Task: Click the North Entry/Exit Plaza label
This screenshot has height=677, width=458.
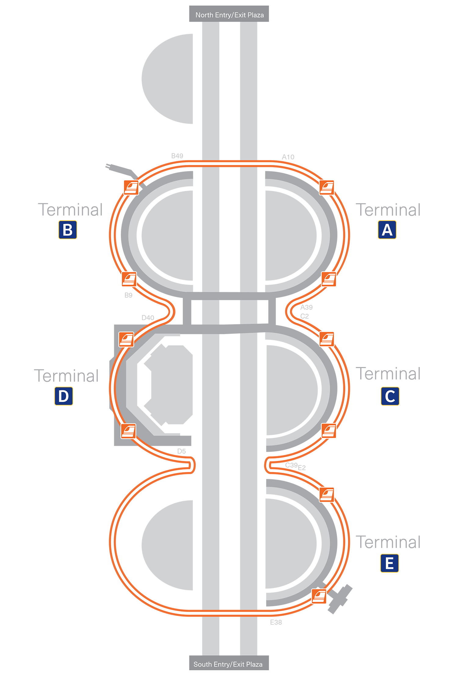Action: point(230,15)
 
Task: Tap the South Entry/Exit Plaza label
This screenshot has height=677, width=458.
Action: point(228,664)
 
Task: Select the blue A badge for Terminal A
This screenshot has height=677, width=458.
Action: point(387,230)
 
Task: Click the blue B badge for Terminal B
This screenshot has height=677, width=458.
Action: point(68,230)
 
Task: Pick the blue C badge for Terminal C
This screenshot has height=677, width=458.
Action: point(390,396)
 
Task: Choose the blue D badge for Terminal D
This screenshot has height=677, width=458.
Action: point(64,396)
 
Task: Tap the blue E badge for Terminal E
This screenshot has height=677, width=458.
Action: point(390,563)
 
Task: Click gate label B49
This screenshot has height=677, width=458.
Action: point(177,156)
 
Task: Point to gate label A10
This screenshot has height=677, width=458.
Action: point(288,157)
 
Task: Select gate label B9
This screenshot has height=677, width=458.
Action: point(128,295)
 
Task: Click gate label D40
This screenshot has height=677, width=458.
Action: point(148,318)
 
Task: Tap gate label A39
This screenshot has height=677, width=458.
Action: point(307,307)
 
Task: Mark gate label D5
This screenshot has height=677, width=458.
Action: point(181,451)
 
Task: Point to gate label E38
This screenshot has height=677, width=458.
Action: point(276,622)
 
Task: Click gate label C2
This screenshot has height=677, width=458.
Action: point(304,316)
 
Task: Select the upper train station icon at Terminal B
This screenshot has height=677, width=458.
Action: point(131,187)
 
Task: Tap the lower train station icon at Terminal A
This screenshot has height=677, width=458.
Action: point(329,279)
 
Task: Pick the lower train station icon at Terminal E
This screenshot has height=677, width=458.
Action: point(319,596)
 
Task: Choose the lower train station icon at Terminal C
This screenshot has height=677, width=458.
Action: point(329,431)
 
